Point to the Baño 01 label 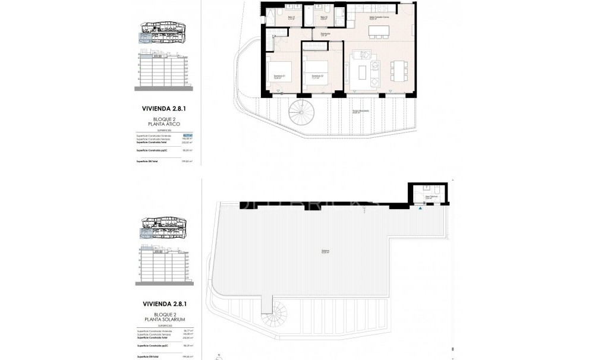coord(291,18)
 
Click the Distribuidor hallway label coord(326,34)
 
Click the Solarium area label coord(325,251)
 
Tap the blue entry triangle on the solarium coord(421,208)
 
